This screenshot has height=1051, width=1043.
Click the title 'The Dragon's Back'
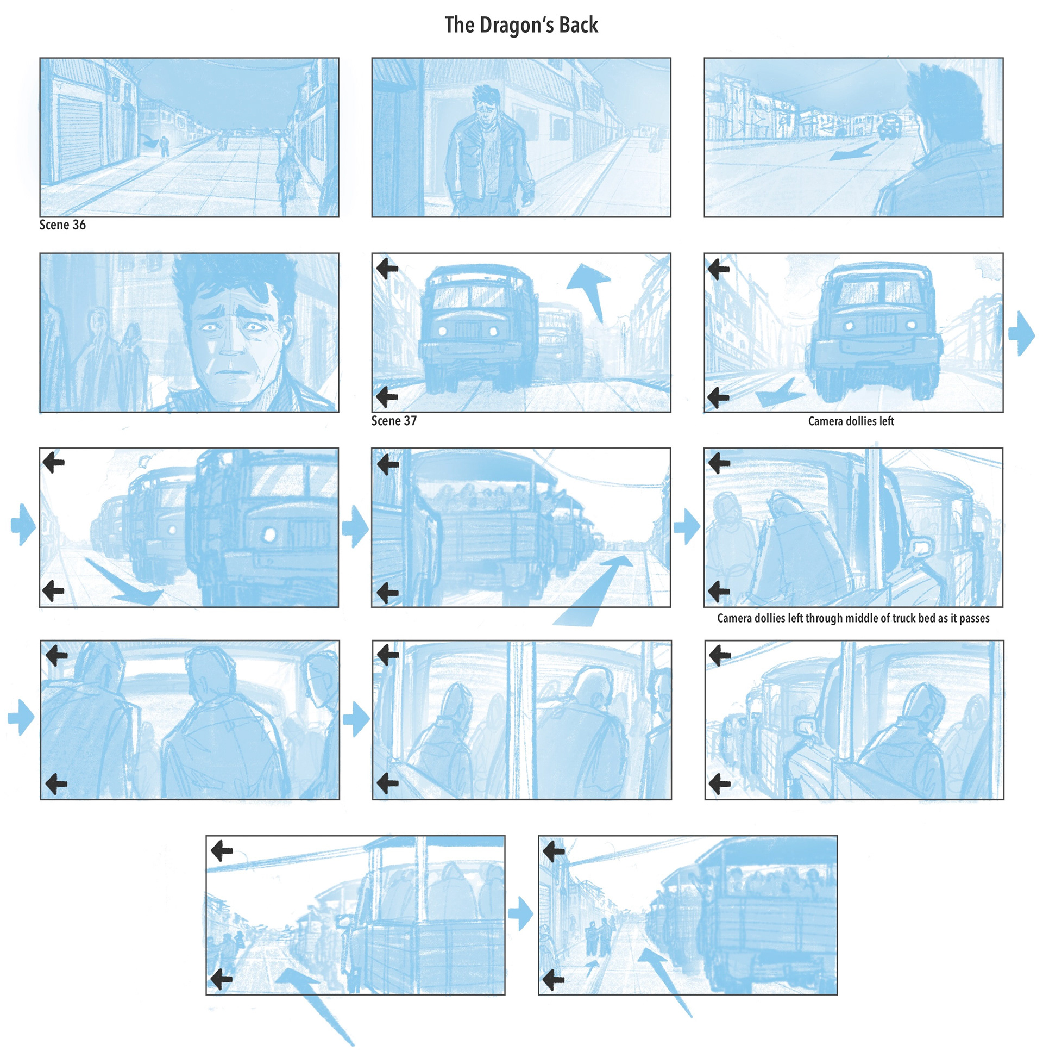pos(521,25)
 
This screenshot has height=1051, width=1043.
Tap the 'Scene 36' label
pos(62,225)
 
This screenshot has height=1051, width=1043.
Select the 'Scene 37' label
pos(394,420)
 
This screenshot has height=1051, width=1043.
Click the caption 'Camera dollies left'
pos(851,421)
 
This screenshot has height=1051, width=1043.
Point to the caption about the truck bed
pos(853,618)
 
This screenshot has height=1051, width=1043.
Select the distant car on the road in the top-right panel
pos(889,126)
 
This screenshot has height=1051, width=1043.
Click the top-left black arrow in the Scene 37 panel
pos(387,268)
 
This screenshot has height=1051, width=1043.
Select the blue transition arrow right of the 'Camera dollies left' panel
pos(1022,333)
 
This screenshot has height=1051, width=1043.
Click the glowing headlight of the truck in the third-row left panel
pos(268,535)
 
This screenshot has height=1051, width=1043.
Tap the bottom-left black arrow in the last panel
pos(554,980)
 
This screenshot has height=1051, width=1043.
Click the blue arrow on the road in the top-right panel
pos(853,151)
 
